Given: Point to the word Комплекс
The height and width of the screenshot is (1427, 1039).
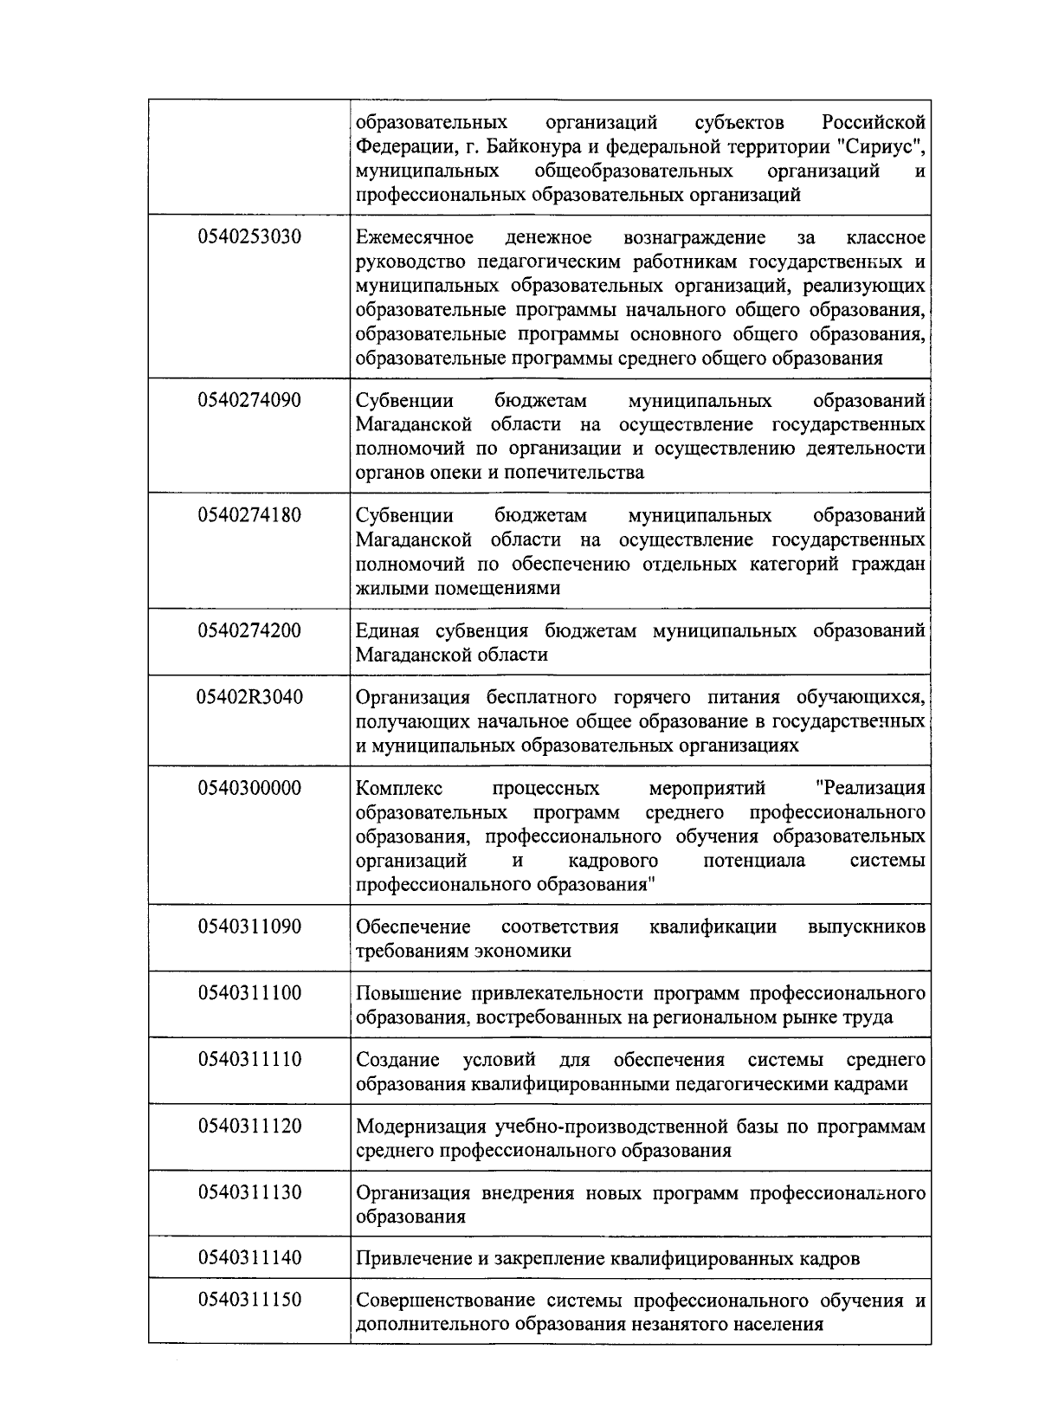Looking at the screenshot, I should (399, 789).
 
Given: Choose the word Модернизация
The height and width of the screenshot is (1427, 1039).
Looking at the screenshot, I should (422, 1127).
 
